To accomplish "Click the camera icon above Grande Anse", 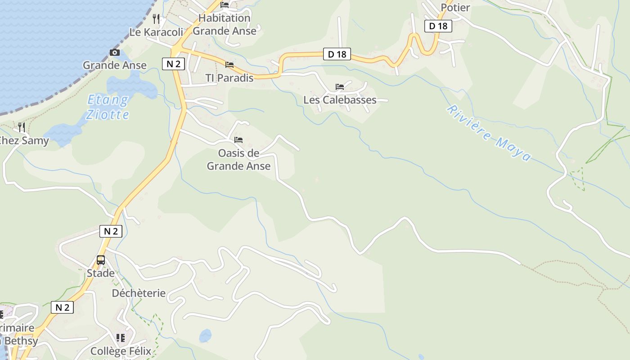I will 115,53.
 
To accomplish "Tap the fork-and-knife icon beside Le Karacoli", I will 156,18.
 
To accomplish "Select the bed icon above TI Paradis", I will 229,65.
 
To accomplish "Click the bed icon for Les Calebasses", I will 340,86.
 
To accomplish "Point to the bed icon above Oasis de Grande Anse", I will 238,140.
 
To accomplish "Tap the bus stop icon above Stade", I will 101,260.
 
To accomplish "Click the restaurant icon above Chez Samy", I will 21,127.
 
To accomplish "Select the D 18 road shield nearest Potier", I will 438,26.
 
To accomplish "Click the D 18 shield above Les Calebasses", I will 337,54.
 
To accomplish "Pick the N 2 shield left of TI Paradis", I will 173,64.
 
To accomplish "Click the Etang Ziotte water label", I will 108,107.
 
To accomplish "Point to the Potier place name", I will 455,8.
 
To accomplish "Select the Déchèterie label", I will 139,293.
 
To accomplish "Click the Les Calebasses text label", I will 340,100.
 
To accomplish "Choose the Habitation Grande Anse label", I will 224,25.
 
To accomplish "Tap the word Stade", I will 100,273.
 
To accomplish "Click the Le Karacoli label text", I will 156,32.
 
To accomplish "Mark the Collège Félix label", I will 121,351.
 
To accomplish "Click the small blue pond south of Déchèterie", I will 205,335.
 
